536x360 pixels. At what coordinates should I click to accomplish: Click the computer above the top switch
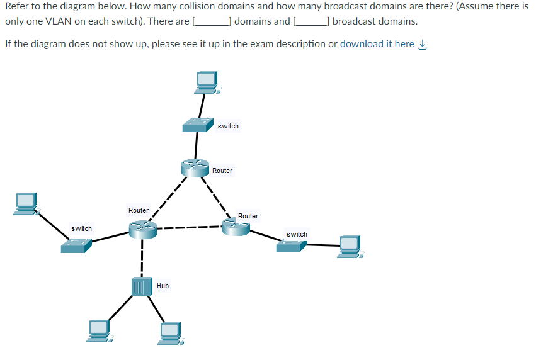[207, 81]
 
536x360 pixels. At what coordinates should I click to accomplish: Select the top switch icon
[198, 124]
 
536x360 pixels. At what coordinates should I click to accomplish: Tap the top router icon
[195, 167]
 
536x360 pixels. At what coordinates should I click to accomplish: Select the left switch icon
[76, 245]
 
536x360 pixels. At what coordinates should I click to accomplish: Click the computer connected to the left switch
[27, 203]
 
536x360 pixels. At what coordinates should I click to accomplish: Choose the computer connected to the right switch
[351, 246]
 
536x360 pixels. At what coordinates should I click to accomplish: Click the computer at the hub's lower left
[100, 330]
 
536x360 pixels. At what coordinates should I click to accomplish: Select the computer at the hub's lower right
[170, 332]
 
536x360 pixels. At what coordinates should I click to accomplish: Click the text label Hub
[163, 286]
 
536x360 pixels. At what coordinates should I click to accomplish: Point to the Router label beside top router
[222, 171]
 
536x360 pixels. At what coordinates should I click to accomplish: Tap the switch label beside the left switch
[81, 228]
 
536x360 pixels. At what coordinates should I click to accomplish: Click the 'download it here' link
[377, 43]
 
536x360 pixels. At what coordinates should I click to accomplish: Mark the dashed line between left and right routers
[189, 227]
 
